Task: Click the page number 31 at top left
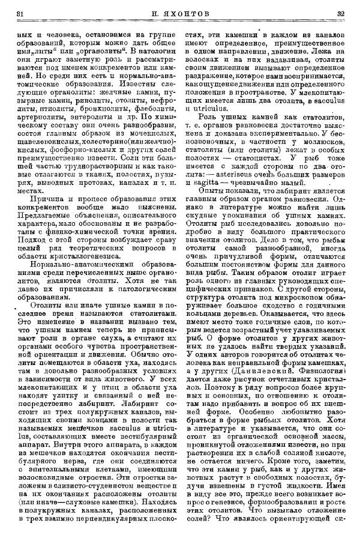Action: click(x=19, y=13)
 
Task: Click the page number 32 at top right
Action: click(x=340, y=13)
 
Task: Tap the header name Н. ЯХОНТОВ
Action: click(x=179, y=13)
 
